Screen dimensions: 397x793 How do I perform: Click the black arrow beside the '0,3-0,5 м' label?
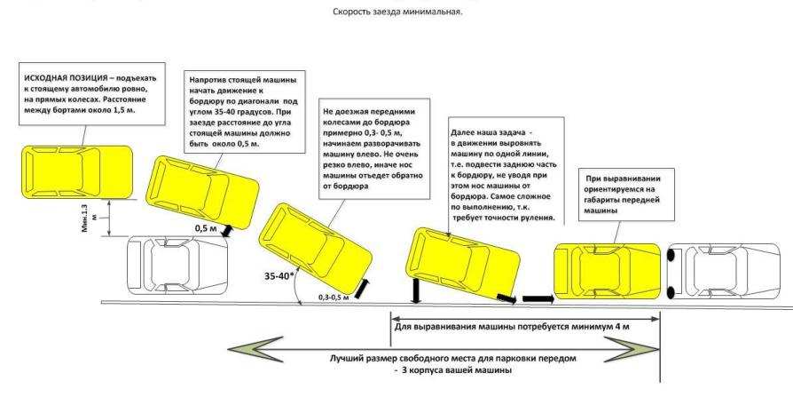[365, 287]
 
